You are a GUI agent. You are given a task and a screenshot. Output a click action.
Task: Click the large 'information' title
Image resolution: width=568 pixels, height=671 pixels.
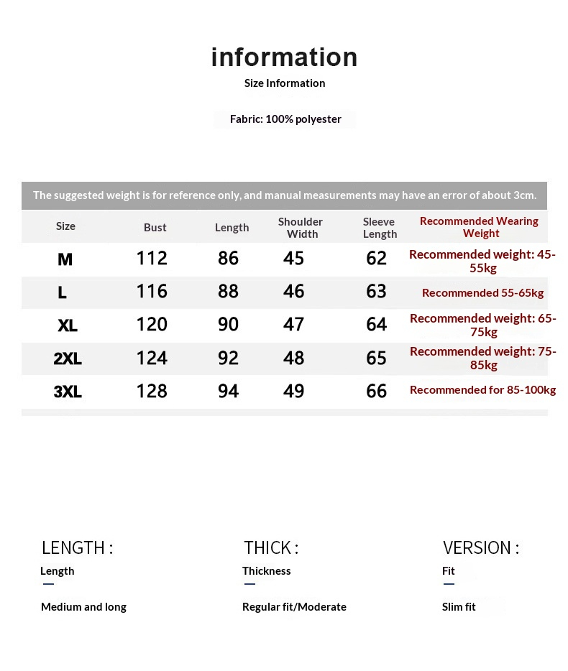pyautogui.click(x=284, y=57)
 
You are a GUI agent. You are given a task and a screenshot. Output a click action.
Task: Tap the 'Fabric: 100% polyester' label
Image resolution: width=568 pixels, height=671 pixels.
pyautogui.click(x=285, y=119)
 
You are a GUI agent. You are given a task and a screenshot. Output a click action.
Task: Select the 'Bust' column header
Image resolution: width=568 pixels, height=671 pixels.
pyautogui.click(x=155, y=228)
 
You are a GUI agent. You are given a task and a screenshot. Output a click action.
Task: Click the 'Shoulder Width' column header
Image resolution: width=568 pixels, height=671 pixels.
pyautogui.click(x=301, y=228)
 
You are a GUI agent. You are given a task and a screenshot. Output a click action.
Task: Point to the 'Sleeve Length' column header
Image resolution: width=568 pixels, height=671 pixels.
pyautogui.click(x=380, y=228)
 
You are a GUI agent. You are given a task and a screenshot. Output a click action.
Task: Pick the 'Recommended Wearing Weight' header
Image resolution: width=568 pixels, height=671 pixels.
pyautogui.click(x=480, y=227)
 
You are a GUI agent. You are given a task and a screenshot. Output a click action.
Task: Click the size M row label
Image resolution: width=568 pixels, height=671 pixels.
pyautogui.click(x=65, y=259)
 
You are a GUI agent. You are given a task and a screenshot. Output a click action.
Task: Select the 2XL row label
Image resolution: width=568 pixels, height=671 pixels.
pyautogui.click(x=68, y=358)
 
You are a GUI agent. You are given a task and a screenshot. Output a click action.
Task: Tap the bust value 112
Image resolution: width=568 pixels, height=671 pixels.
pyautogui.click(x=152, y=259)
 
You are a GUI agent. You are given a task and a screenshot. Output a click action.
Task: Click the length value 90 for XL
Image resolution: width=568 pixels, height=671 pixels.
pyautogui.click(x=228, y=325)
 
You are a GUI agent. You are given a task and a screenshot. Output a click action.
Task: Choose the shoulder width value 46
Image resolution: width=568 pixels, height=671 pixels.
pyautogui.click(x=293, y=292)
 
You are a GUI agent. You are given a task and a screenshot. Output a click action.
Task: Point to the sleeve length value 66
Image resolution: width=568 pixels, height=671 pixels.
pyautogui.click(x=376, y=392)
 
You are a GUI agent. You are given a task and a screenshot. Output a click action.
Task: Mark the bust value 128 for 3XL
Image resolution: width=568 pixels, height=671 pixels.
pyautogui.click(x=152, y=392)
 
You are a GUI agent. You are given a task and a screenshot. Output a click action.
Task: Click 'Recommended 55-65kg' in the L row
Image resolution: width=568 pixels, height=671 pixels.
pyautogui.click(x=482, y=293)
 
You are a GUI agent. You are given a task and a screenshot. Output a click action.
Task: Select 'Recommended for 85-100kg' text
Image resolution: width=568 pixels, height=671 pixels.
pyautogui.click(x=482, y=390)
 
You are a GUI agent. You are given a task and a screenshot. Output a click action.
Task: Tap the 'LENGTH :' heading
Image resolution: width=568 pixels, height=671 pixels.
pyautogui.click(x=77, y=548)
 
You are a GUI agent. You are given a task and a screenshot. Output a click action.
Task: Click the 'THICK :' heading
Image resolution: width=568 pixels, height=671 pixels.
pyautogui.click(x=271, y=548)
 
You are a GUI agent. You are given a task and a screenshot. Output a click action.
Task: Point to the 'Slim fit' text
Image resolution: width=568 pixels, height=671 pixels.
pyautogui.click(x=459, y=607)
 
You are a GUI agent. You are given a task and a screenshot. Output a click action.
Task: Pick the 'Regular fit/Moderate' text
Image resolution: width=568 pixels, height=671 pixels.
pyautogui.click(x=294, y=607)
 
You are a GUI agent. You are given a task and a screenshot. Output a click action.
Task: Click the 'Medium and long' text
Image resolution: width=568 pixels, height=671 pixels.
pyautogui.click(x=83, y=607)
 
